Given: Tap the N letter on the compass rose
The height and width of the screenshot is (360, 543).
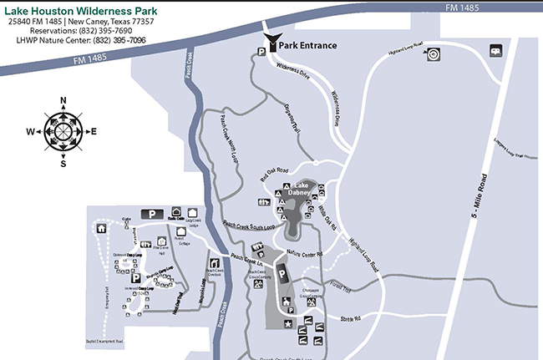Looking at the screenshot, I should point(63,100).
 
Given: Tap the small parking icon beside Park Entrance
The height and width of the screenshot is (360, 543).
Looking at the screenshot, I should point(261,51).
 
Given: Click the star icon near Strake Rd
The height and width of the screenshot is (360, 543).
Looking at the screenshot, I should point(289,323).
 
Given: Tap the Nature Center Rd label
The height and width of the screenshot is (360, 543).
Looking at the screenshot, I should point(306,251).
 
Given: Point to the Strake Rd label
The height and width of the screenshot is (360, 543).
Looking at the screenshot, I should point(350,318).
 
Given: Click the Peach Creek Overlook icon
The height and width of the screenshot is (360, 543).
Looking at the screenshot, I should point(214,264).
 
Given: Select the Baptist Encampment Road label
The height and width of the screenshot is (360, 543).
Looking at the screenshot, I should point(104,342).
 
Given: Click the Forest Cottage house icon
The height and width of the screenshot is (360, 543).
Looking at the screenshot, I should point(180,232).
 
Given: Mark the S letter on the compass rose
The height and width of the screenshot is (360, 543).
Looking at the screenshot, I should point(63,163).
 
